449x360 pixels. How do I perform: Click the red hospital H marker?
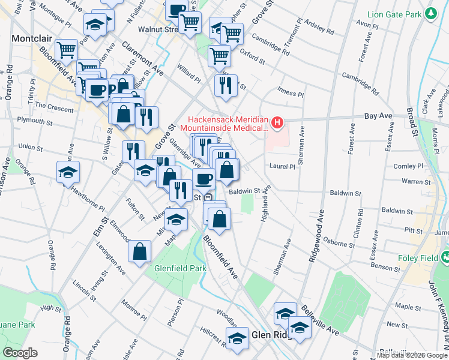pyautogui.click(x=277, y=124)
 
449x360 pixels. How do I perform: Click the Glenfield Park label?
pyautogui.click(x=175, y=269)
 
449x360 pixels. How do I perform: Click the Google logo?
pyautogui.click(x=20, y=352)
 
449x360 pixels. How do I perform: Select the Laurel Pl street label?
pyautogui.click(x=283, y=166)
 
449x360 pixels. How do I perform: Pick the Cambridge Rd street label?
pyautogui.click(x=360, y=84)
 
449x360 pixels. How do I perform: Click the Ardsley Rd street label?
pyautogui.click(x=318, y=27)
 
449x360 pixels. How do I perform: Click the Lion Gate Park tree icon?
pyautogui.click(x=430, y=13)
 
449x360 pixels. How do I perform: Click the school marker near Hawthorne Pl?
pyautogui.click(x=68, y=172)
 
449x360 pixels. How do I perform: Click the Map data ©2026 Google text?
pyautogui.click(x=412, y=355)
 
